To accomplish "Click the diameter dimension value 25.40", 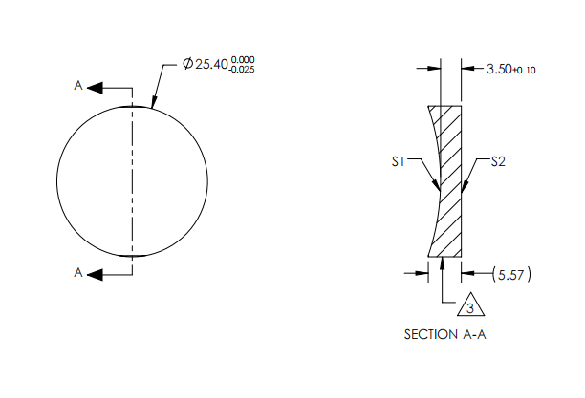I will point(211,65).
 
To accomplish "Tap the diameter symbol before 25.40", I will point(186,65).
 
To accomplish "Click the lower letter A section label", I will point(79,273).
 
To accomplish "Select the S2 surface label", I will point(497,162).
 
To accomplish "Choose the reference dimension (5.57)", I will point(511,275).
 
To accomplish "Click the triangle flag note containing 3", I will point(468,307).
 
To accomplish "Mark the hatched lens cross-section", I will point(449,181).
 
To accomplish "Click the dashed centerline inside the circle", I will point(133,181).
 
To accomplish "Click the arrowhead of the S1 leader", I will point(436,185).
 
